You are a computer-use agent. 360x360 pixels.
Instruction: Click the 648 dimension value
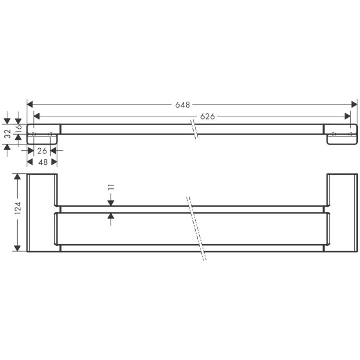(183, 105)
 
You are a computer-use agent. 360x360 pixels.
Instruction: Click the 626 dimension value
(207, 116)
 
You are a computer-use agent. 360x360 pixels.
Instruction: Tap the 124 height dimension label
(18, 208)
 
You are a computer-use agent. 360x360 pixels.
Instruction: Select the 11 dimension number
(111, 188)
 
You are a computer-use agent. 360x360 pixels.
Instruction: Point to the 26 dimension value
(42, 151)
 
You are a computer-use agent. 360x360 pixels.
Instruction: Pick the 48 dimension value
(43, 162)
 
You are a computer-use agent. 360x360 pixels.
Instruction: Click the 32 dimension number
(8, 134)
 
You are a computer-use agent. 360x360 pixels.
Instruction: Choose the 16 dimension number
(18, 129)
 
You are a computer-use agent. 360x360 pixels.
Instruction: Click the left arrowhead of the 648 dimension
(30, 104)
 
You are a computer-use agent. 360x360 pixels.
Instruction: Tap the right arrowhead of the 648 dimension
(354, 104)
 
